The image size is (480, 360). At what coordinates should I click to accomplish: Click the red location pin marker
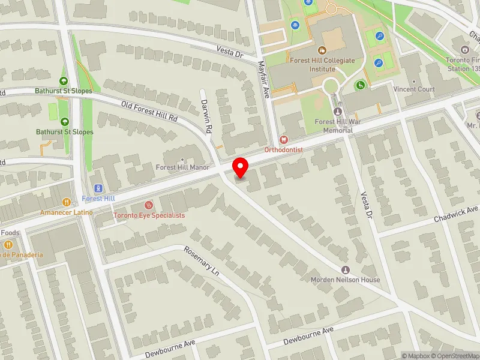click(x=241, y=167)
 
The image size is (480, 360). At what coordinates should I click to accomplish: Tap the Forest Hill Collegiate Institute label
click(x=322, y=64)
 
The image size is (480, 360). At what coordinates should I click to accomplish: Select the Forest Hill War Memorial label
click(x=337, y=125)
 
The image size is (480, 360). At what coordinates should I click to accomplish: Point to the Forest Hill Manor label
click(x=182, y=167)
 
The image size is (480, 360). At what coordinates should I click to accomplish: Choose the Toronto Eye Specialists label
click(x=149, y=215)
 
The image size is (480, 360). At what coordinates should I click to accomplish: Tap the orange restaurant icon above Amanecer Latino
click(x=68, y=203)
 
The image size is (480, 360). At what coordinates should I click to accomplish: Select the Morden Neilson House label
click(x=345, y=280)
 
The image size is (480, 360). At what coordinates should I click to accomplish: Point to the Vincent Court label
click(x=414, y=89)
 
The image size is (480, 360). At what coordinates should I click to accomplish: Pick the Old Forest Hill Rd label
click(x=150, y=111)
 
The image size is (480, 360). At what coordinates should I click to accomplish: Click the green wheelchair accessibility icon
click(x=360, y=85)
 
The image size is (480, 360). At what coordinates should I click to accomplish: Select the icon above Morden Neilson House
click(x=345, y=270)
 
